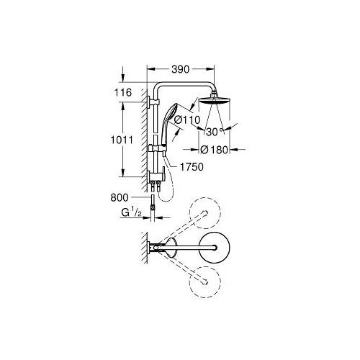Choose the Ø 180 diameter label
213,150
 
